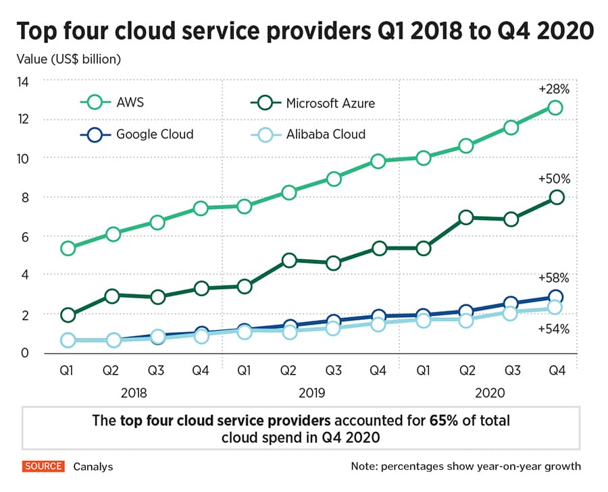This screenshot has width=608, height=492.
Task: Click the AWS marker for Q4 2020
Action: [x=555, y=107]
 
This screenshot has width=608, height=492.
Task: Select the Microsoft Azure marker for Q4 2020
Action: [x=555, y=197]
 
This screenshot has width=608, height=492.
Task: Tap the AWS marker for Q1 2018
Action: [x=68, y=248]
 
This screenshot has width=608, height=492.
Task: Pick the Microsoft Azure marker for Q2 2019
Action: [x=289, y=260]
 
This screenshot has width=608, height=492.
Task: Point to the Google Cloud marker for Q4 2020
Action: [x=555, y=296]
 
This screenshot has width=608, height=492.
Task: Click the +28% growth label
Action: [x=554, y=88]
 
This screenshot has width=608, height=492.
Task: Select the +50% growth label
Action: [x=554, y=179]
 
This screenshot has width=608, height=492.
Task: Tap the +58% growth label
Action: [x=554, y=277]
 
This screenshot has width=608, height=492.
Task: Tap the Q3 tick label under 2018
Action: [x=157, y=371]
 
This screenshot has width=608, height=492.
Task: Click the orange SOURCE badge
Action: [x=44, y=466]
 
